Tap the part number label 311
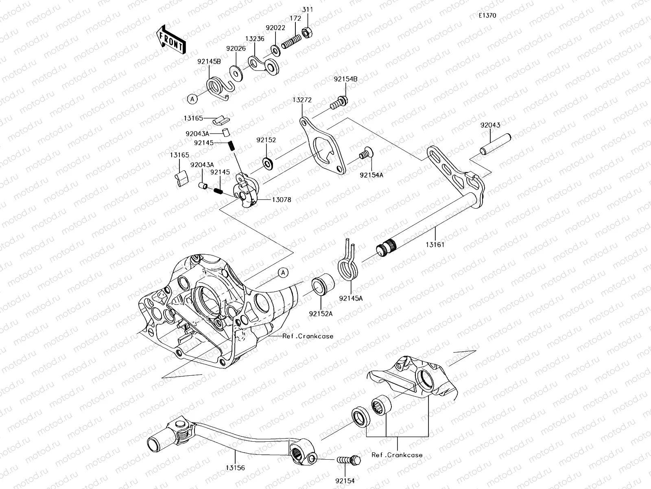(308, 9)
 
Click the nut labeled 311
(308, 31)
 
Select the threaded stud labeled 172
(291, 42)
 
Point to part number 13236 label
(255, 39)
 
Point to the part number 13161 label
(435, 245)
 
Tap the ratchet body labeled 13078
(248, 191)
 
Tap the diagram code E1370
(487, 15)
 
